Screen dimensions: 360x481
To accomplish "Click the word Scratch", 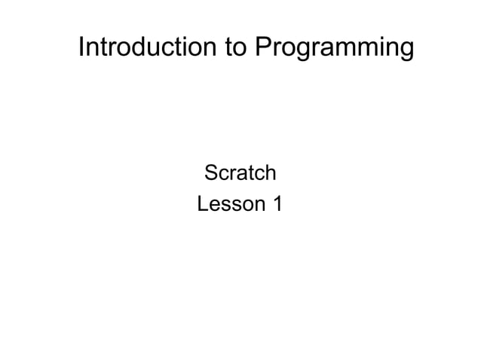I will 240,174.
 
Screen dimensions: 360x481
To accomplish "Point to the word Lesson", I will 229,203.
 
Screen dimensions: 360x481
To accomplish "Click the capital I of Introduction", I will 82,47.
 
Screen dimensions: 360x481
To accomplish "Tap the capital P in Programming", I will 262,47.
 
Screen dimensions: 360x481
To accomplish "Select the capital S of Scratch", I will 213,174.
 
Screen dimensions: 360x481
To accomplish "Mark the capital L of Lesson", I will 202,203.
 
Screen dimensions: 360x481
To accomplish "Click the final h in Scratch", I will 269,174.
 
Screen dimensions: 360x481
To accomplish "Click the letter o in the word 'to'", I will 240,49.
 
